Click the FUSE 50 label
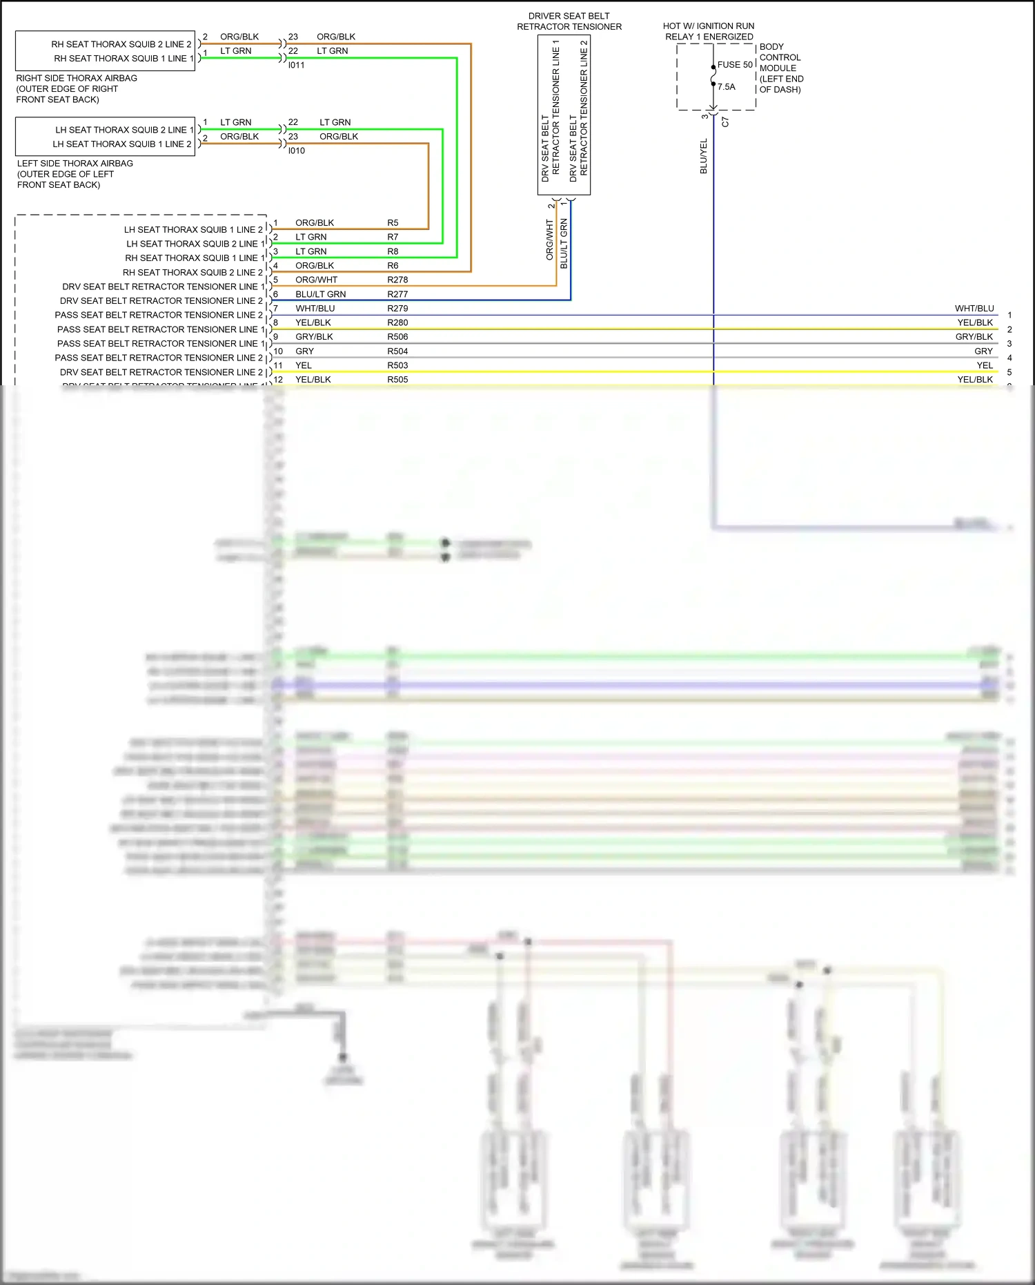[735, 64]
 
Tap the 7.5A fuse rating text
[727, 87]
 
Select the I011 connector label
[296, 65]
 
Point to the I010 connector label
[296, 151]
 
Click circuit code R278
[397, 280]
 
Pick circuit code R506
[397, 337]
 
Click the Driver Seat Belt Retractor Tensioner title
[569, 21]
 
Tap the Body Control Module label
[780, 68]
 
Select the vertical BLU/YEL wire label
[704, 156]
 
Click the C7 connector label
[725, 122]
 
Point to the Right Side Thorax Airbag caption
[76, 88]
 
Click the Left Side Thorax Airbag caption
[75, 174]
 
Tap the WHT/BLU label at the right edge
[974, 309]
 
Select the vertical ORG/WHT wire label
[550, 240]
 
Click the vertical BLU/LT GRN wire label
[564, 244]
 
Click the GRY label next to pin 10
[304, 351]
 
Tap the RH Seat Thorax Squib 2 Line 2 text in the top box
[121, 44]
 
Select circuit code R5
[393, 223]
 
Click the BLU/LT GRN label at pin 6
[320, 294]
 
